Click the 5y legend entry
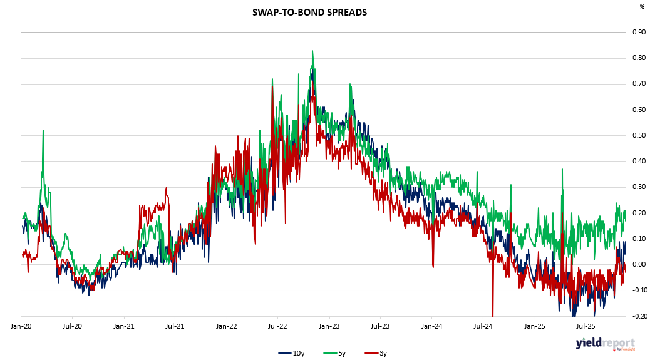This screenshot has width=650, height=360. point(336,353)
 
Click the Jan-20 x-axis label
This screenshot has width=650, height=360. point(21,326)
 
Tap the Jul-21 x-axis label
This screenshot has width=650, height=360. point(174,326)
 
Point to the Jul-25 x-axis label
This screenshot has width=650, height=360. point(586,326)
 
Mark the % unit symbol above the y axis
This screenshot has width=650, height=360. point(642,7)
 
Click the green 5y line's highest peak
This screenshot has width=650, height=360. point(312,51)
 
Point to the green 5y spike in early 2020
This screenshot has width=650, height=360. point(43,131)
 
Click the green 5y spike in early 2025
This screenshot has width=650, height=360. point(562,169)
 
